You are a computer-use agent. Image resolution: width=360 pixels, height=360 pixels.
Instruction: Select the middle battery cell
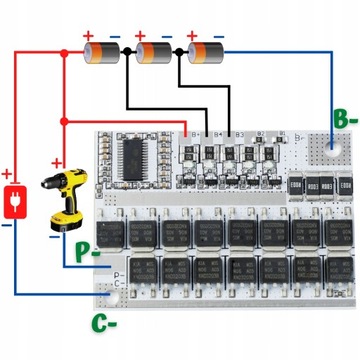point(154,51)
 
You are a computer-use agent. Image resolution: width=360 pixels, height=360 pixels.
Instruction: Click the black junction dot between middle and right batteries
point(180,51)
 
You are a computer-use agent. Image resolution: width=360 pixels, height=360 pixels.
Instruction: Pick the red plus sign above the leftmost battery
point(86,34)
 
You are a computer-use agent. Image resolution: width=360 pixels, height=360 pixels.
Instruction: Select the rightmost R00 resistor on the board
point(344,185)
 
